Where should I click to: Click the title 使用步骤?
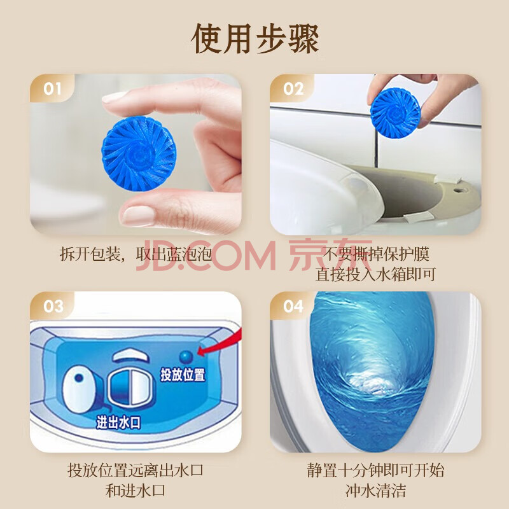click(255, 39)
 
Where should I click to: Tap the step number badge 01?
click(52, 88)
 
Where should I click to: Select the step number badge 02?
click(293, 88)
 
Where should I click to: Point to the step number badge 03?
click(53, 306)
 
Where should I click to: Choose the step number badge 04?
click(293, 306)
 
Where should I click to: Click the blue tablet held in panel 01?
click(139, 153)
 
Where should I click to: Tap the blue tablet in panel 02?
click(395, 112)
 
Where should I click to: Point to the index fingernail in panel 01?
click(113, 97)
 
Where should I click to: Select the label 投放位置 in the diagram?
click(183, 375)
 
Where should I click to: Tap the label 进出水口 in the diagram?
click(118, 422)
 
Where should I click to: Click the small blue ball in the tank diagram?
click(186, 357)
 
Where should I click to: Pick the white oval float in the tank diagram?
click(79, 389)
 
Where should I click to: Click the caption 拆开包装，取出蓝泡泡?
click(136, 254)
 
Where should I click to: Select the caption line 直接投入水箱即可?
click(375, 274)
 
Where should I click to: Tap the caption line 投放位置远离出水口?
click(136, 470)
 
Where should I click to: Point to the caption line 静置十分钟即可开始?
click(375, 470)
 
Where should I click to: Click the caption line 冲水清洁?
click(375, 491)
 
